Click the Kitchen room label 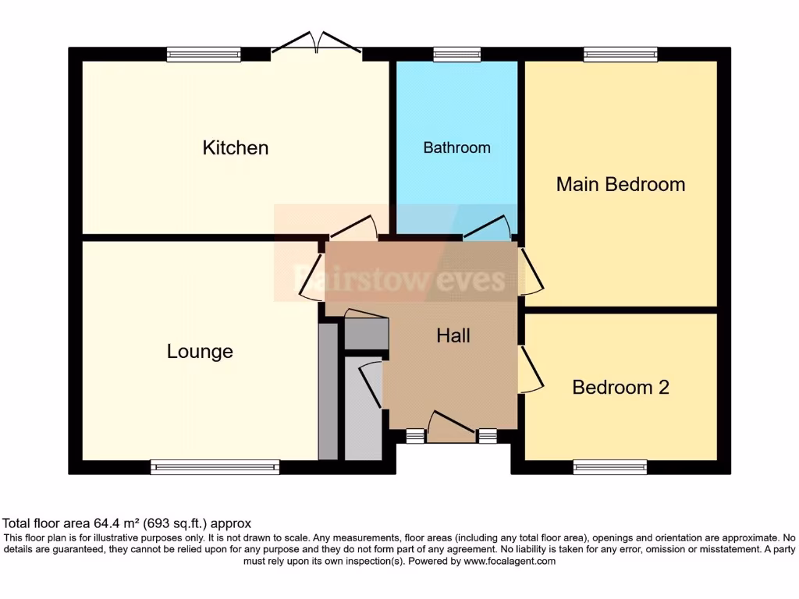236,147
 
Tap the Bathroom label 456,147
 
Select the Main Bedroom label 620,185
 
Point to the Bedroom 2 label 620,388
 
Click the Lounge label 200,352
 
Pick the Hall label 453,336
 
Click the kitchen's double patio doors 316,44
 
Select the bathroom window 456,54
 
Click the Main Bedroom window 620,54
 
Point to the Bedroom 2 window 609,467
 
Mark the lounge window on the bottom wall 215,467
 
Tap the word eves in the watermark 472,278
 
